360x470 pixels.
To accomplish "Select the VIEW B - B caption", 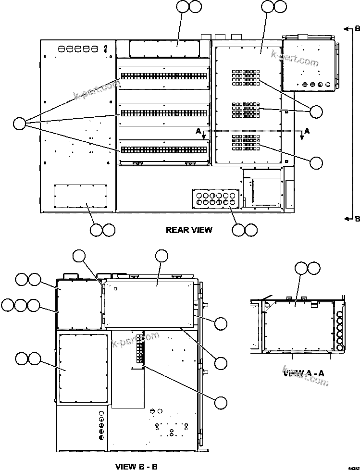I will coord(137,466).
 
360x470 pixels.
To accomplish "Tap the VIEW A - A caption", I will coord(304,373).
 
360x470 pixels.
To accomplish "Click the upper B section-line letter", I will coord(357,28).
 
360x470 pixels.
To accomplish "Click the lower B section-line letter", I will coord(357,219).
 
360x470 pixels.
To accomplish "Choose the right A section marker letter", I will coord(307,130).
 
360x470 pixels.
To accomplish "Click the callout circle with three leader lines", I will coord(19,124).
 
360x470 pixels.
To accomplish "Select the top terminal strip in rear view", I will coord(163,76).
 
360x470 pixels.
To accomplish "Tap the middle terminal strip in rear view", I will coord(163,113).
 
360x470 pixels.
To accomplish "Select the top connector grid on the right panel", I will coord(246,78).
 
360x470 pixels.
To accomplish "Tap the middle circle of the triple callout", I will coord(21,305).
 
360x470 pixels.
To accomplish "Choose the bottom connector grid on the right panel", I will coord(246,141).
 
